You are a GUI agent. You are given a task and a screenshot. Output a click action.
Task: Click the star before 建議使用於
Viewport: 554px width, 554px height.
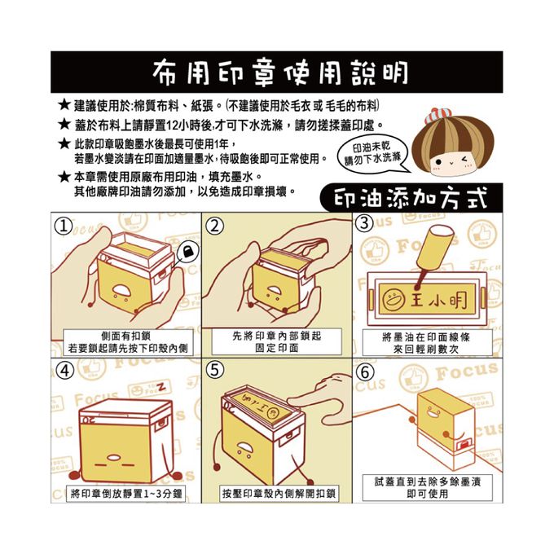[x=64, y=107]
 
